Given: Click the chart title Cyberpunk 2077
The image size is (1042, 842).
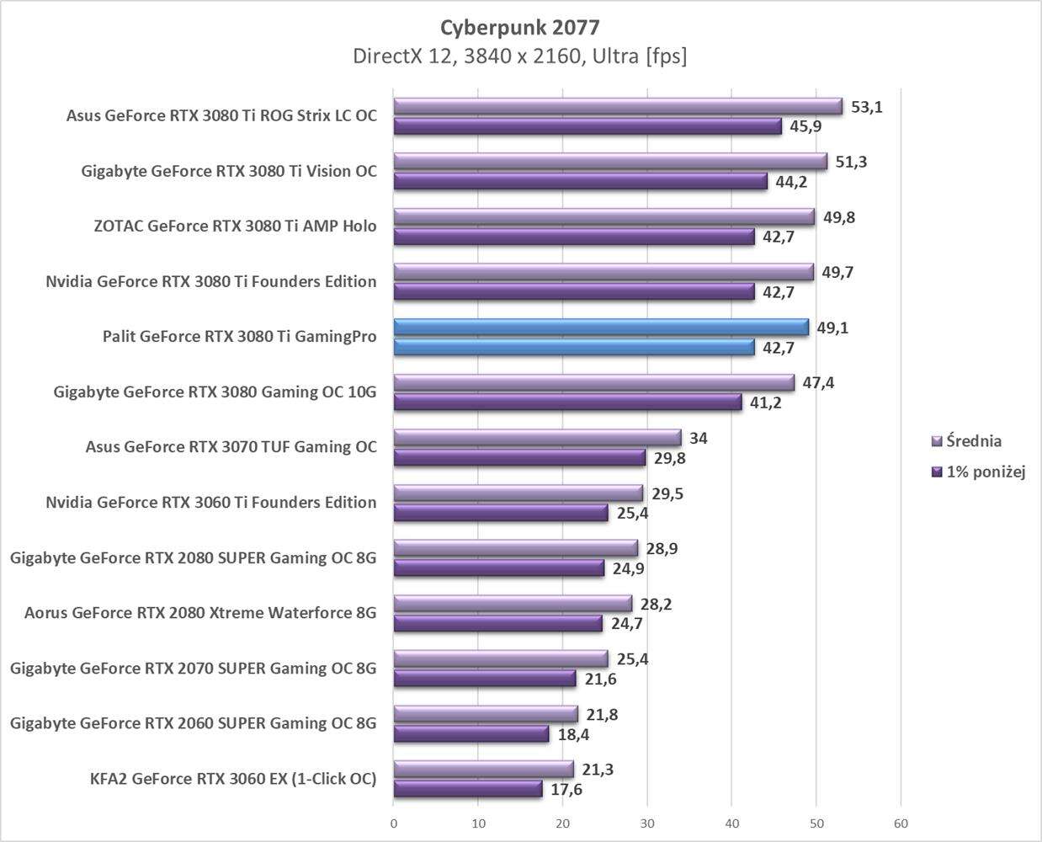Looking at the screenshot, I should (519, 28).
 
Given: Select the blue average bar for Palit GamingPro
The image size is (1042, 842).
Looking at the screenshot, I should (601, 327).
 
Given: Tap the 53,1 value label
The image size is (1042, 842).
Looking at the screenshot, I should (867, 107).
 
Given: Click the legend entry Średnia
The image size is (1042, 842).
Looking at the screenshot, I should (973, 441).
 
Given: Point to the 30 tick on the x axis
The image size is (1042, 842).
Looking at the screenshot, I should (647, 823).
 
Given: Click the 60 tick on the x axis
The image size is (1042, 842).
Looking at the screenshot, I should (901, 823).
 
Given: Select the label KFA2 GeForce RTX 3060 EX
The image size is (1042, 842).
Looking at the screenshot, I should (233, 778).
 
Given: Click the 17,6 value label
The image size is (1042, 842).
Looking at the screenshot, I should (566, 790).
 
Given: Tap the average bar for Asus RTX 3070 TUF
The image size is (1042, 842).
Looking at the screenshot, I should (537, 438).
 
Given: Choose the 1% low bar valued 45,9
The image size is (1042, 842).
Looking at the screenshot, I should (587, 126).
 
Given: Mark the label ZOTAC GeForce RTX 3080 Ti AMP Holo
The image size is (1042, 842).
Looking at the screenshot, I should (235, 226).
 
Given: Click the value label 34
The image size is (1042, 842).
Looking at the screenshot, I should (699, 438).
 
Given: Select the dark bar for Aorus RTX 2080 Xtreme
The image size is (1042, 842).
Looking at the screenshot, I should (498, 624).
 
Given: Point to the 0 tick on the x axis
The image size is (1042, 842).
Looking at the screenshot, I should (394, 823).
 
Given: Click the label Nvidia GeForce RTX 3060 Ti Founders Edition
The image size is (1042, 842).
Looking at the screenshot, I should (210, 502).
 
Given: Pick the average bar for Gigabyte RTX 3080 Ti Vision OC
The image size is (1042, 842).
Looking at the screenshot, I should (610, 162).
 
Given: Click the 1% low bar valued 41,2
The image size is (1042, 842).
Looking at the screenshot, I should (568, 402).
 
